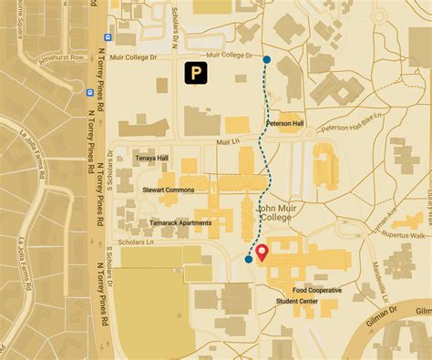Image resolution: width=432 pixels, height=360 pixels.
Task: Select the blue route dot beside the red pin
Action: point(249,260)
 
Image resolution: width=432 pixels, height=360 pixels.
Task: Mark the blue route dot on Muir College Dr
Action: point(266,60)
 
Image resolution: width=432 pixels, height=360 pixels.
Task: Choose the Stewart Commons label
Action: point(169,190)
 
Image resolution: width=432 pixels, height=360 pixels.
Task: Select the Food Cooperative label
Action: point(317,290)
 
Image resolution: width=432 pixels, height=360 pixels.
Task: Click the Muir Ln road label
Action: point(227,142)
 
